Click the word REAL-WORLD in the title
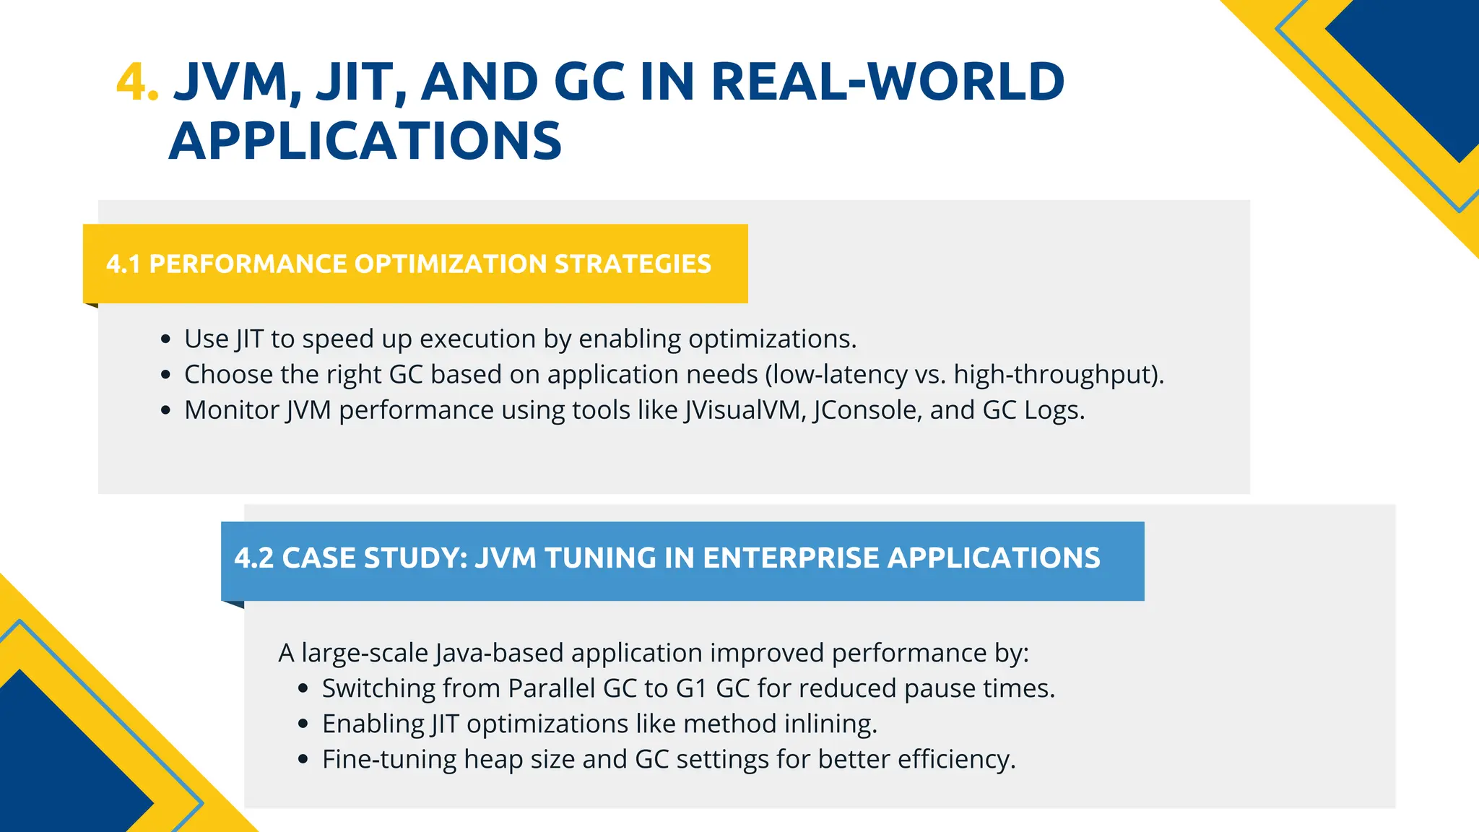pyautogui.click(x=888, y=82)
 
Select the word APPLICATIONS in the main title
pyautogui.click(x=365, y=141)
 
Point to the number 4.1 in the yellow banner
pyautogui.click(x=123, y=264)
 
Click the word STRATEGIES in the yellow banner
pyautogui.click(x=633, y=264)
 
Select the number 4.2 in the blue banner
pyautogui.click(x=253, y=558)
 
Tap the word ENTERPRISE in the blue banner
pyautogui.click(x=791, y=558)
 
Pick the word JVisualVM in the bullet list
pyautogui.click(x=745, y=410)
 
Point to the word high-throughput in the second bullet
pyautogui.click(x=1055, y=375)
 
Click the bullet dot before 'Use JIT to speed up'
pyautogui.click(x=166, y=339)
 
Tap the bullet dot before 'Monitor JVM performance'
pyautogui.click(x=166, y=410)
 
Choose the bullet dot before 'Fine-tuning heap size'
pyautogui.click(x=303, y=760)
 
